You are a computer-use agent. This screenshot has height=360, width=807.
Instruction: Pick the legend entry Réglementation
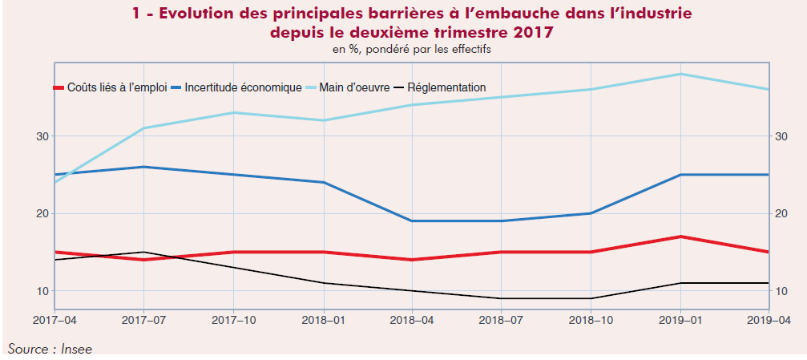click(x=446, y=87)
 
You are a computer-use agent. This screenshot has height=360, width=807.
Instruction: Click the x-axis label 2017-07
click(x=143, y=321)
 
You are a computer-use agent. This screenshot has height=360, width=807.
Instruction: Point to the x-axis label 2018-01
click(x=323, y=321)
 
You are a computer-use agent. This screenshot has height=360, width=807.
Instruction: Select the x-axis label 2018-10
click(x=591, y=321)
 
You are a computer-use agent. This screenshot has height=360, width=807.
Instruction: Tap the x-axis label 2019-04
click(x=769, y=321)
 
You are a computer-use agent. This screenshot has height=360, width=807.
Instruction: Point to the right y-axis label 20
click(x=780, y=213)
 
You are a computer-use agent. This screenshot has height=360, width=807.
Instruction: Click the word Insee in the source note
click(x=67, y=349)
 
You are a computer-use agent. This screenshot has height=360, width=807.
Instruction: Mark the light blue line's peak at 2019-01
click(x=680, y=74)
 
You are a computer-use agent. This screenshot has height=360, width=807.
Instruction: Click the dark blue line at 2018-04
click(x=412, y=220)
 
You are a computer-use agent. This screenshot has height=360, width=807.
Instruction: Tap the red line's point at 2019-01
click(x=680, y=237)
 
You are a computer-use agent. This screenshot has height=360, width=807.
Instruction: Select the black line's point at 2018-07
click(x=502, y=298)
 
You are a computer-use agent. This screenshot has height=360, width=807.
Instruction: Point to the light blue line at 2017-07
click(x=143, y=128)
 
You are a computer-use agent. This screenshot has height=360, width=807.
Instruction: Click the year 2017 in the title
click(x=531, y=33)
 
